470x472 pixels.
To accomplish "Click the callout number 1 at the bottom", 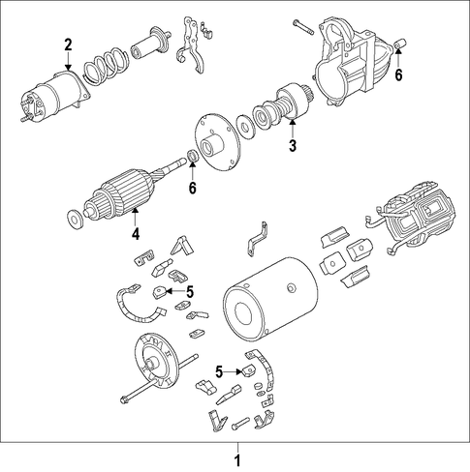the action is (237, 460).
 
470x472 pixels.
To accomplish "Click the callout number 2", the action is (68, 45).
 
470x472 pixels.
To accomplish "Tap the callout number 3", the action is (293, 146).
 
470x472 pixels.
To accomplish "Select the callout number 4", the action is (136, 234).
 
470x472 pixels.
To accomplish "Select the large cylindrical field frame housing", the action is (270, 299).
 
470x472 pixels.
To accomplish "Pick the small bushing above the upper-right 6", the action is (401, 44).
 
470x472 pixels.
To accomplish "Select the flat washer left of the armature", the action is (75, 220).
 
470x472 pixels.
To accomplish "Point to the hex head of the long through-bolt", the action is (124, 399).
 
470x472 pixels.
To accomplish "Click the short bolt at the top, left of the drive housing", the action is (303, 27).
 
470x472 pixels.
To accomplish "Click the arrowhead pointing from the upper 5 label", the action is (169, 291).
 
